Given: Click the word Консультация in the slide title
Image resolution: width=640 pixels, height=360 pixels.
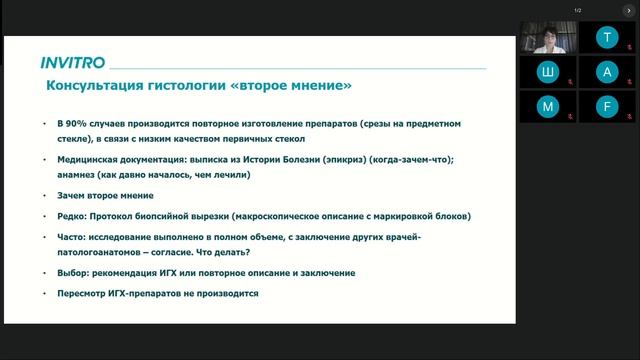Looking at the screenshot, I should click(x=91, y=87).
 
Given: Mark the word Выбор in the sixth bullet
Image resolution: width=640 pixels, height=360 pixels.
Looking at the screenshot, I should click(x=73, y=272).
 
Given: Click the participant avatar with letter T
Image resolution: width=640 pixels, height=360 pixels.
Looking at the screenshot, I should click(x=607, y=38).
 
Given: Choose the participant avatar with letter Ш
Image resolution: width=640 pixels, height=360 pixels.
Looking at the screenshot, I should click(x=547, y=72).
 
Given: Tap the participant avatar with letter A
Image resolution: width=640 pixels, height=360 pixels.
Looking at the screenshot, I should click(x=607, y=72).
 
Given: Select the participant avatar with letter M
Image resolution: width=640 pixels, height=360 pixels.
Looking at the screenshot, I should click(x=547, y=106).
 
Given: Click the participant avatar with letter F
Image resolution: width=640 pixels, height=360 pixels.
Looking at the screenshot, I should click(x=607, y=106).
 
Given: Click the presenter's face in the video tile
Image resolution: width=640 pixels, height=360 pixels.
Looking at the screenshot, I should click(x=548, y=34).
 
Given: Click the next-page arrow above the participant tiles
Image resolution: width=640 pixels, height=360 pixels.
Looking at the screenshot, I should click(x=631, y=11).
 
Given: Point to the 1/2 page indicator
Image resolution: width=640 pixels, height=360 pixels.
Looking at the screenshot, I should click(x=578, y=11).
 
